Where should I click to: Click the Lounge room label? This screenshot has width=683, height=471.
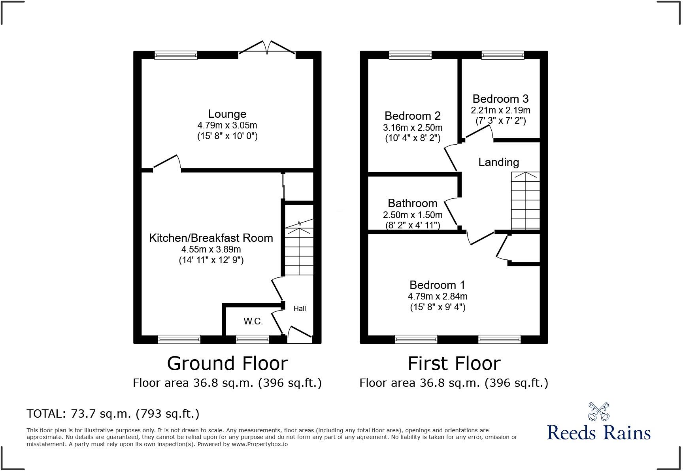227,114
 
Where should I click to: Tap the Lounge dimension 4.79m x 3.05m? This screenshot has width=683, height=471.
227,126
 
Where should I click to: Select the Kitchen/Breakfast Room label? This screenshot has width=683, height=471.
211,238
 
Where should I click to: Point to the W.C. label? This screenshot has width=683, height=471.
253,321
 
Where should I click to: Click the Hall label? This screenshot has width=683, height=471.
300,309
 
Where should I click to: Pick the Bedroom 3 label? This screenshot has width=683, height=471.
500,99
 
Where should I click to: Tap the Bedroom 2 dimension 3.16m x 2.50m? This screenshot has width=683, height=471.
413,128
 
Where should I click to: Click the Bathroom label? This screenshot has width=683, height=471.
413,203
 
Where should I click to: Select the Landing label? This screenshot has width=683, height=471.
498,162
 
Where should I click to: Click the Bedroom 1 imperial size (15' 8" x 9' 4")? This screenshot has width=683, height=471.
438,307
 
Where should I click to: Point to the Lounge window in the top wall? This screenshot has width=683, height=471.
176,55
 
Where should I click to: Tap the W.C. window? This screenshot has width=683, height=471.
253,339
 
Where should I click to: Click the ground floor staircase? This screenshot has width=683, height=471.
299,249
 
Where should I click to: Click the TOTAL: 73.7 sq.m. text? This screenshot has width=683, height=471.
113,414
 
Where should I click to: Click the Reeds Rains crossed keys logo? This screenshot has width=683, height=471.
598,411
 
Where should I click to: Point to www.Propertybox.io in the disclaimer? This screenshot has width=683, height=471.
260,444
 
